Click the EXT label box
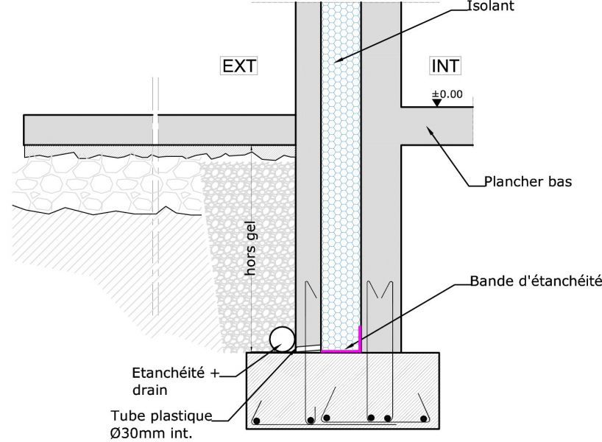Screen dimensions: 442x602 (x=238, y=66)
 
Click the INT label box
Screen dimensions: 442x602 (x=445, y=66)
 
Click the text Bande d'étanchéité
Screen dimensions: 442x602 (x=536, y=281)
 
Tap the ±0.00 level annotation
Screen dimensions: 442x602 (x=446, y=94)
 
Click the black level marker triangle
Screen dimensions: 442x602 (x=436, y=103)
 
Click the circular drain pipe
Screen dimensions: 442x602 (x=283, y=339)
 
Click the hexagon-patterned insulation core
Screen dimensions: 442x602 (x=341, y=184)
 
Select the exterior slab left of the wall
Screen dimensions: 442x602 (x=158, y=130)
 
